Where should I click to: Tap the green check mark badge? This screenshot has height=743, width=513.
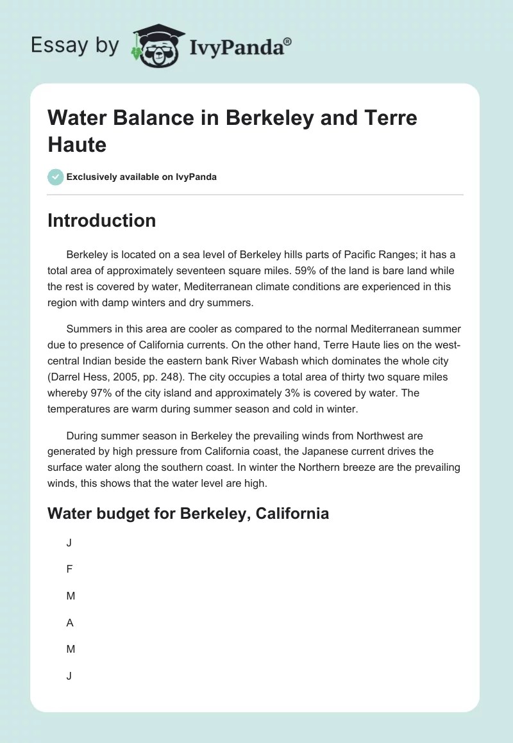point(55,177)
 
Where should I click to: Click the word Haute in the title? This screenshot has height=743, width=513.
point(77,144)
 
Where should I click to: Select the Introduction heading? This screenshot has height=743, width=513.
point(101,220)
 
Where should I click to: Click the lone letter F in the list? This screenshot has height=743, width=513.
point(69,569)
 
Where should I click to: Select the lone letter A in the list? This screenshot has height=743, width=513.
point(70,622)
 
